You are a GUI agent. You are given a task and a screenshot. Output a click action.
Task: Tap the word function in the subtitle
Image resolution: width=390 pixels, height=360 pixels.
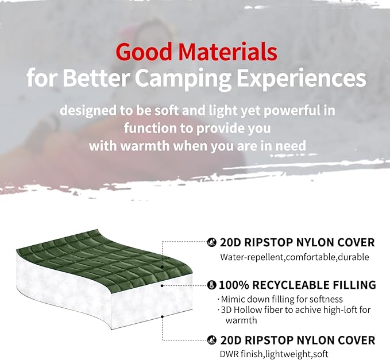point(150,127)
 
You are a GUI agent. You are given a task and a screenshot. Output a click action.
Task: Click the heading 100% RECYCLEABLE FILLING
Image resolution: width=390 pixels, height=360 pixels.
point(298,285)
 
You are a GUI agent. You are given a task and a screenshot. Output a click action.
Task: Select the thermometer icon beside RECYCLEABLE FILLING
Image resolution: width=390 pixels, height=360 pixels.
point(211,285)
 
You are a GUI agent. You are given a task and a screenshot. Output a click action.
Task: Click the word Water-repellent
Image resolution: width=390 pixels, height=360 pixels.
point(252,257)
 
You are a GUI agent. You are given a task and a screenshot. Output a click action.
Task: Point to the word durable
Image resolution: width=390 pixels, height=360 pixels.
point(353,257)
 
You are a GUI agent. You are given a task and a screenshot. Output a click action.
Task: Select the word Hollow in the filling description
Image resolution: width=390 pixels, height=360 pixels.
point(248,310)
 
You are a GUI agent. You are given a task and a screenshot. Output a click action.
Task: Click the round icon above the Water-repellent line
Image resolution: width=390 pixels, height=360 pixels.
point(211,243)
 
